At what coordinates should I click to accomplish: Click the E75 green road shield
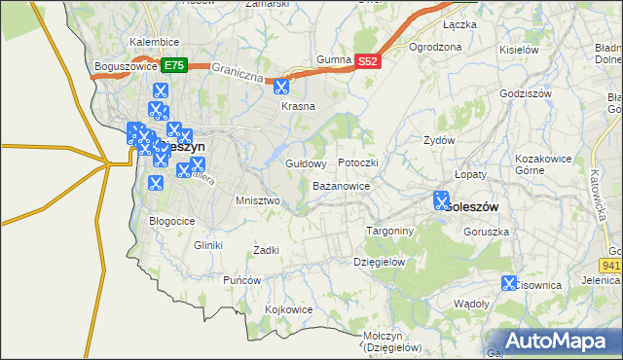click(173, 65)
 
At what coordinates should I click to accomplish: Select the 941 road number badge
click(611, 265)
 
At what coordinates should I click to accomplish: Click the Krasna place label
click(298, 105)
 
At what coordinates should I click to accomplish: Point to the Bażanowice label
click(341, 185)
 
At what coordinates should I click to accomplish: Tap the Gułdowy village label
click(304, 163)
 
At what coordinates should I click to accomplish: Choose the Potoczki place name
click(357, 162)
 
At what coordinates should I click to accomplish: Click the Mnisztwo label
click(258, 200)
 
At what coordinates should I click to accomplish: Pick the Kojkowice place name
click(289, 309)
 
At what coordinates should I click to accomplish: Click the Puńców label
click(242, 280)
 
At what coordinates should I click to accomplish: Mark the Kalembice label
click(154, 44)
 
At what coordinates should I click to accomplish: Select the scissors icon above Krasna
click(281, 86)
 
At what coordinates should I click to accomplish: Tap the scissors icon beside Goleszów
click(441, 201)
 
